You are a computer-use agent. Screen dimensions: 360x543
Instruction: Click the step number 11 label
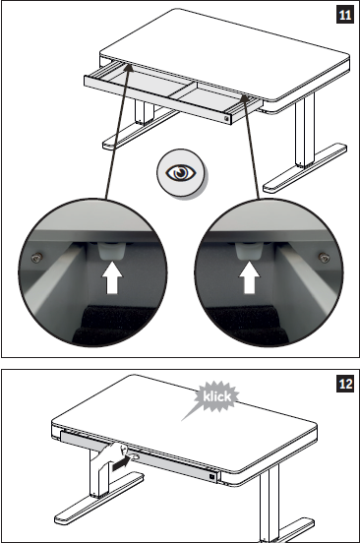[x=345, y=15]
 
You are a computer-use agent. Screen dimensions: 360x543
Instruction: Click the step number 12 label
[x=345, y=384]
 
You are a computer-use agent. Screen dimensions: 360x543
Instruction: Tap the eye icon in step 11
[x=181, y=173]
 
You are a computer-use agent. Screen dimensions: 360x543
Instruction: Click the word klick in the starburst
[x=216, y=396]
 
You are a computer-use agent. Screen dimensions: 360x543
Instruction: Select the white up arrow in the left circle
[x=112, y=278]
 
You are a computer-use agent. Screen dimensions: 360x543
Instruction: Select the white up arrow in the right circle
[x=249, y=277]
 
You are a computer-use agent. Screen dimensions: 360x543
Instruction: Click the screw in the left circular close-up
[x=36, y=257]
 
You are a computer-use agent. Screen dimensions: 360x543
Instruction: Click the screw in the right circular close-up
[x=324, y=257]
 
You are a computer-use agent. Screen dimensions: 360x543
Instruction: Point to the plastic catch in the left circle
[x=111, y=251]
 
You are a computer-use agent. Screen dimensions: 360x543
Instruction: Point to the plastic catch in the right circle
[x=248, y=251]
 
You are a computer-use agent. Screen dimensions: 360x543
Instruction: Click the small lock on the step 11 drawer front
[x=227, y=118]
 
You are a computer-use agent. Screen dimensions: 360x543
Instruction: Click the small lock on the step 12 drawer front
[x=211, y=477]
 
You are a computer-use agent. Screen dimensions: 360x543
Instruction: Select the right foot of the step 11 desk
[x=305, y=168]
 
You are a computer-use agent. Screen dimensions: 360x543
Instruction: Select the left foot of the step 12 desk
[x=99, y=499]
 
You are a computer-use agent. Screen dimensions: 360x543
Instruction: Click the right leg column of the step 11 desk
[x=305, y=131]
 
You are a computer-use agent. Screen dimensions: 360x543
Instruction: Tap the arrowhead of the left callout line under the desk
[x=129, y=67]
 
